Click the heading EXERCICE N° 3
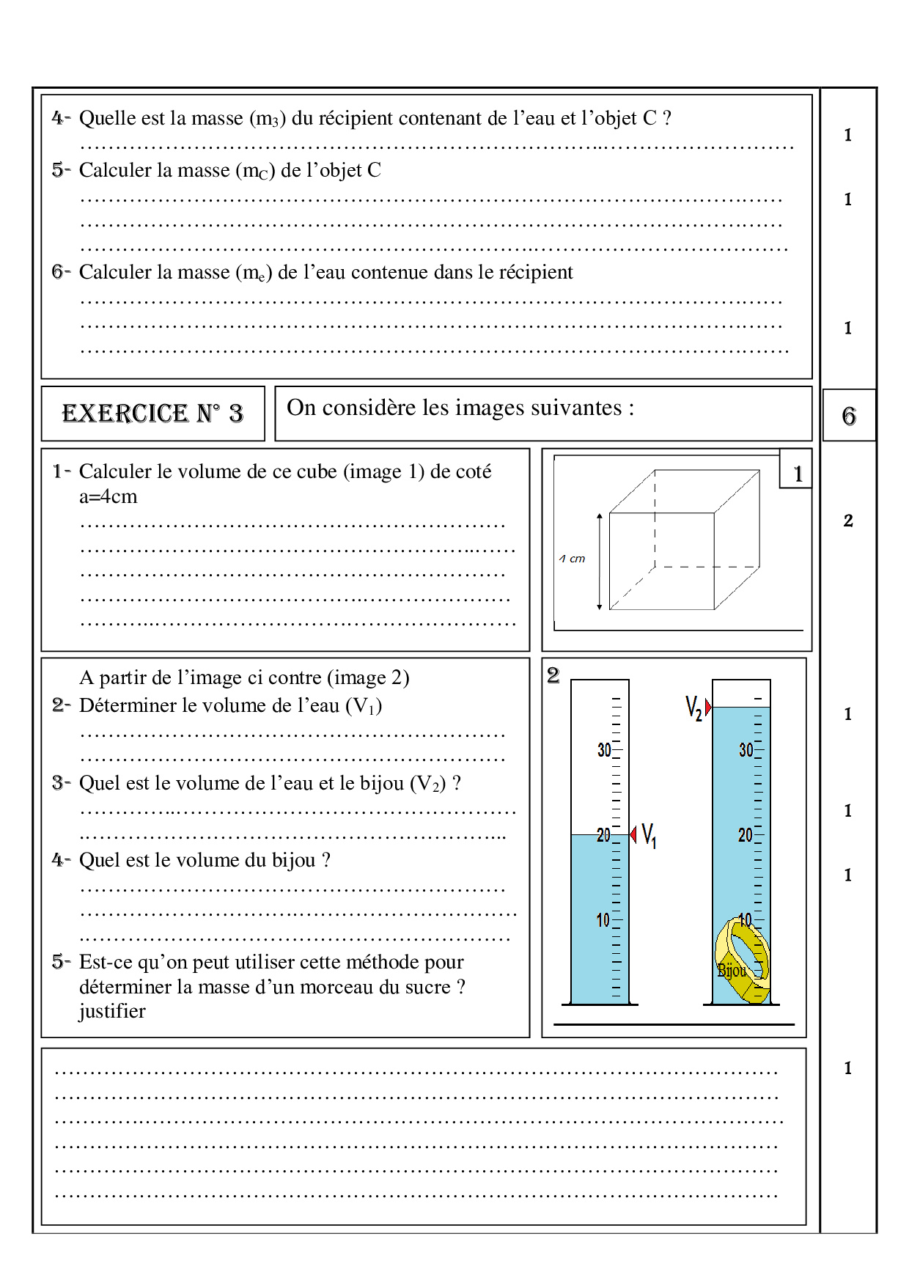[x=152, y=414]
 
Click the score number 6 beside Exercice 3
[x=849, y=416]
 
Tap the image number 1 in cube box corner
[x=798, y=474]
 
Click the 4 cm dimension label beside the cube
[x=573, y=559]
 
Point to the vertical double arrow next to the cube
[x=599, y=562]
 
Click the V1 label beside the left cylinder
[x=649, y=835]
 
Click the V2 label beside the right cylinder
[x=693, y=708]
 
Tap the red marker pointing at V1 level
[x=633, y=834]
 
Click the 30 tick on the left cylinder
[x=604, y=750]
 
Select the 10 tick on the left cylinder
[x=603, y=920]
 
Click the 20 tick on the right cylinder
[x=745, y=835]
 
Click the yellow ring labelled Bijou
[x=743, y=960]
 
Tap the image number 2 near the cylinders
[x=553, y=675]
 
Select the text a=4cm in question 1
[x=108, y=496]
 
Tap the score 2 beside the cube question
[x=848, y=521]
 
